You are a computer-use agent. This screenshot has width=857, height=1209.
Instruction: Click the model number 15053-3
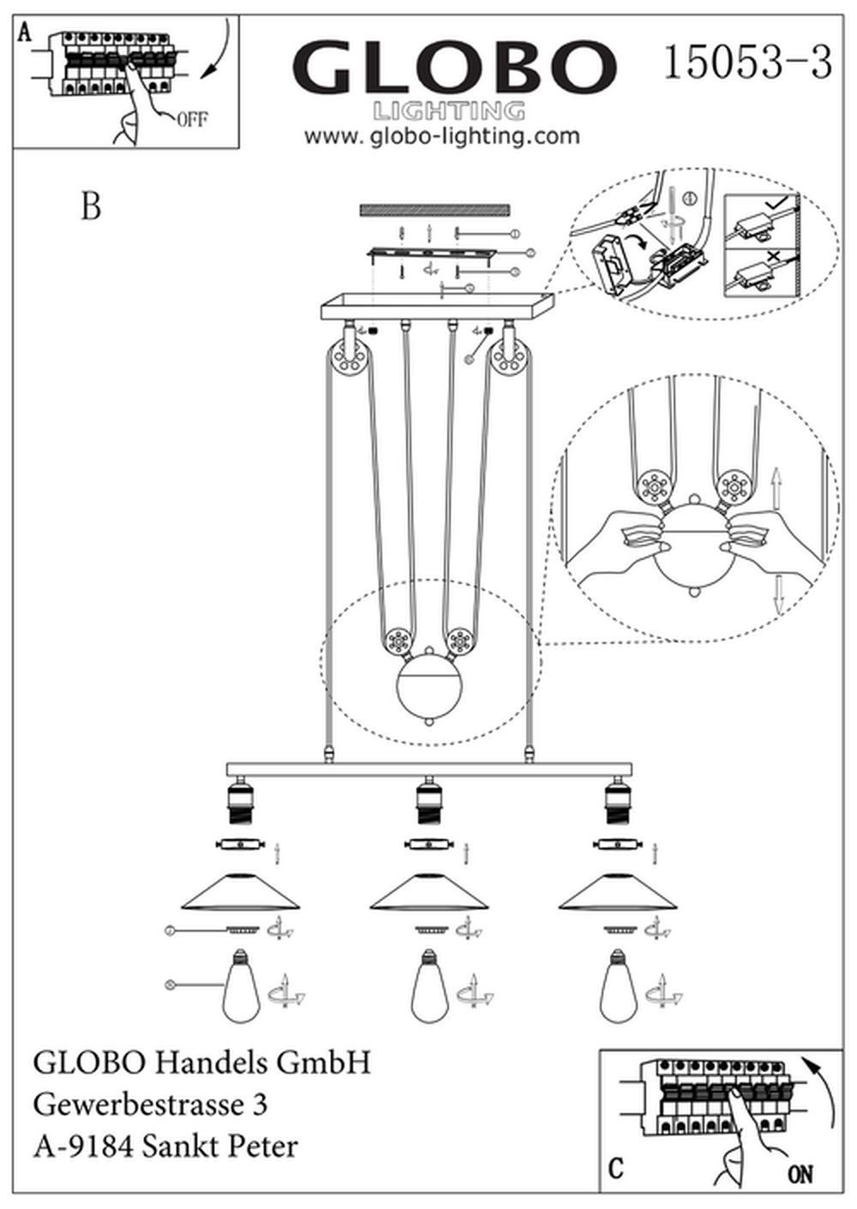[747, 63]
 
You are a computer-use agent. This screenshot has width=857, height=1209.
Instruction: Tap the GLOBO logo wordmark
[454, 68]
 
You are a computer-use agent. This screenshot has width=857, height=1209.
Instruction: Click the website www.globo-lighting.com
[442, 136]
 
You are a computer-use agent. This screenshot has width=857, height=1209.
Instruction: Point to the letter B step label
[90, 206]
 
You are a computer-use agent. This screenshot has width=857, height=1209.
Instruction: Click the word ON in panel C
[800, 1174]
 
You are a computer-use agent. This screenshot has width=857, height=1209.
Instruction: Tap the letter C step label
[615, 1169]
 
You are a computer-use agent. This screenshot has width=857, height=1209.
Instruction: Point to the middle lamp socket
[428, 798]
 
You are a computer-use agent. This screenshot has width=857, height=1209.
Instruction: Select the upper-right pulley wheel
[509, 357]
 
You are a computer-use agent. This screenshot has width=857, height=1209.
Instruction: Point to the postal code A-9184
[82, 1146]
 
